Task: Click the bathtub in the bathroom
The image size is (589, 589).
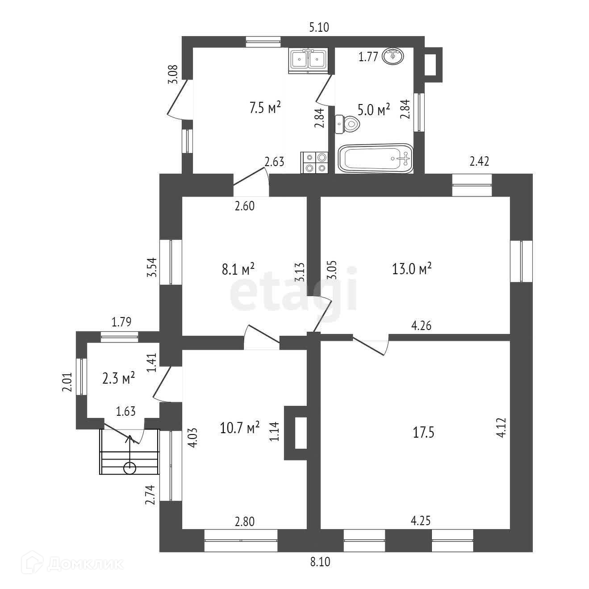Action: point(375,158)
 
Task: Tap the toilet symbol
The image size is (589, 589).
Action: point(347,124)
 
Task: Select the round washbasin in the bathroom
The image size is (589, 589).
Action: point(393,56)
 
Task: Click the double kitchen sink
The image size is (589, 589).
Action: point(308,60)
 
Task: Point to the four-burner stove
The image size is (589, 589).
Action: point(315,163)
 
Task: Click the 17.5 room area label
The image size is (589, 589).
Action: point(423,432)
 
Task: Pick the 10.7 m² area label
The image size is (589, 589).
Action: point(240,428)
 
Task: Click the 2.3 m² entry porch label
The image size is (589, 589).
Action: point(118,379)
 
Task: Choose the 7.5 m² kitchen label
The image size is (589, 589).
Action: point(265,108)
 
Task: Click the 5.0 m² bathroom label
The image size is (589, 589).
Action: point(374,109)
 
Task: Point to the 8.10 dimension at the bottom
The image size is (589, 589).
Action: point(320,562)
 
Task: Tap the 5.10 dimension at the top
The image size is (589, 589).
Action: point(319,28)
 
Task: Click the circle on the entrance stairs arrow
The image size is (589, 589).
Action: point(130,468)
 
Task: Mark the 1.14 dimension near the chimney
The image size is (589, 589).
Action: point(274,432)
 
